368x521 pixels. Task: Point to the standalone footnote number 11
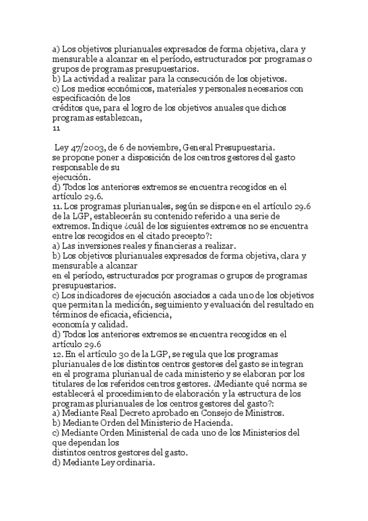pyautogui.click(x=56, y=128)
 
